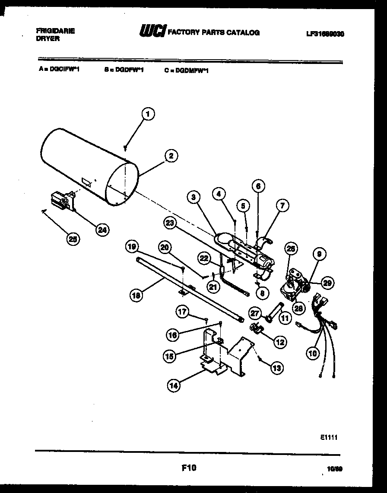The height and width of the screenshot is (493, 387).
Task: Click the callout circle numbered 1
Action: point(148,115)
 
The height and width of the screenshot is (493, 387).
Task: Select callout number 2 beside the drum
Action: point(171,156)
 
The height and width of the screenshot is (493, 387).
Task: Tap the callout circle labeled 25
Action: point(74,239)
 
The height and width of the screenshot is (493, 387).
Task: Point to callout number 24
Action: point(102,229)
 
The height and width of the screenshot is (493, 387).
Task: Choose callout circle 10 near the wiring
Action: point(312,353)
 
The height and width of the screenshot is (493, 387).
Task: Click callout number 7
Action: point(282,206)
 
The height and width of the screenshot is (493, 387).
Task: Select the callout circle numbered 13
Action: point(277,368)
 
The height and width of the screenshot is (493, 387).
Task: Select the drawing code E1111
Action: point(329,437)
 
